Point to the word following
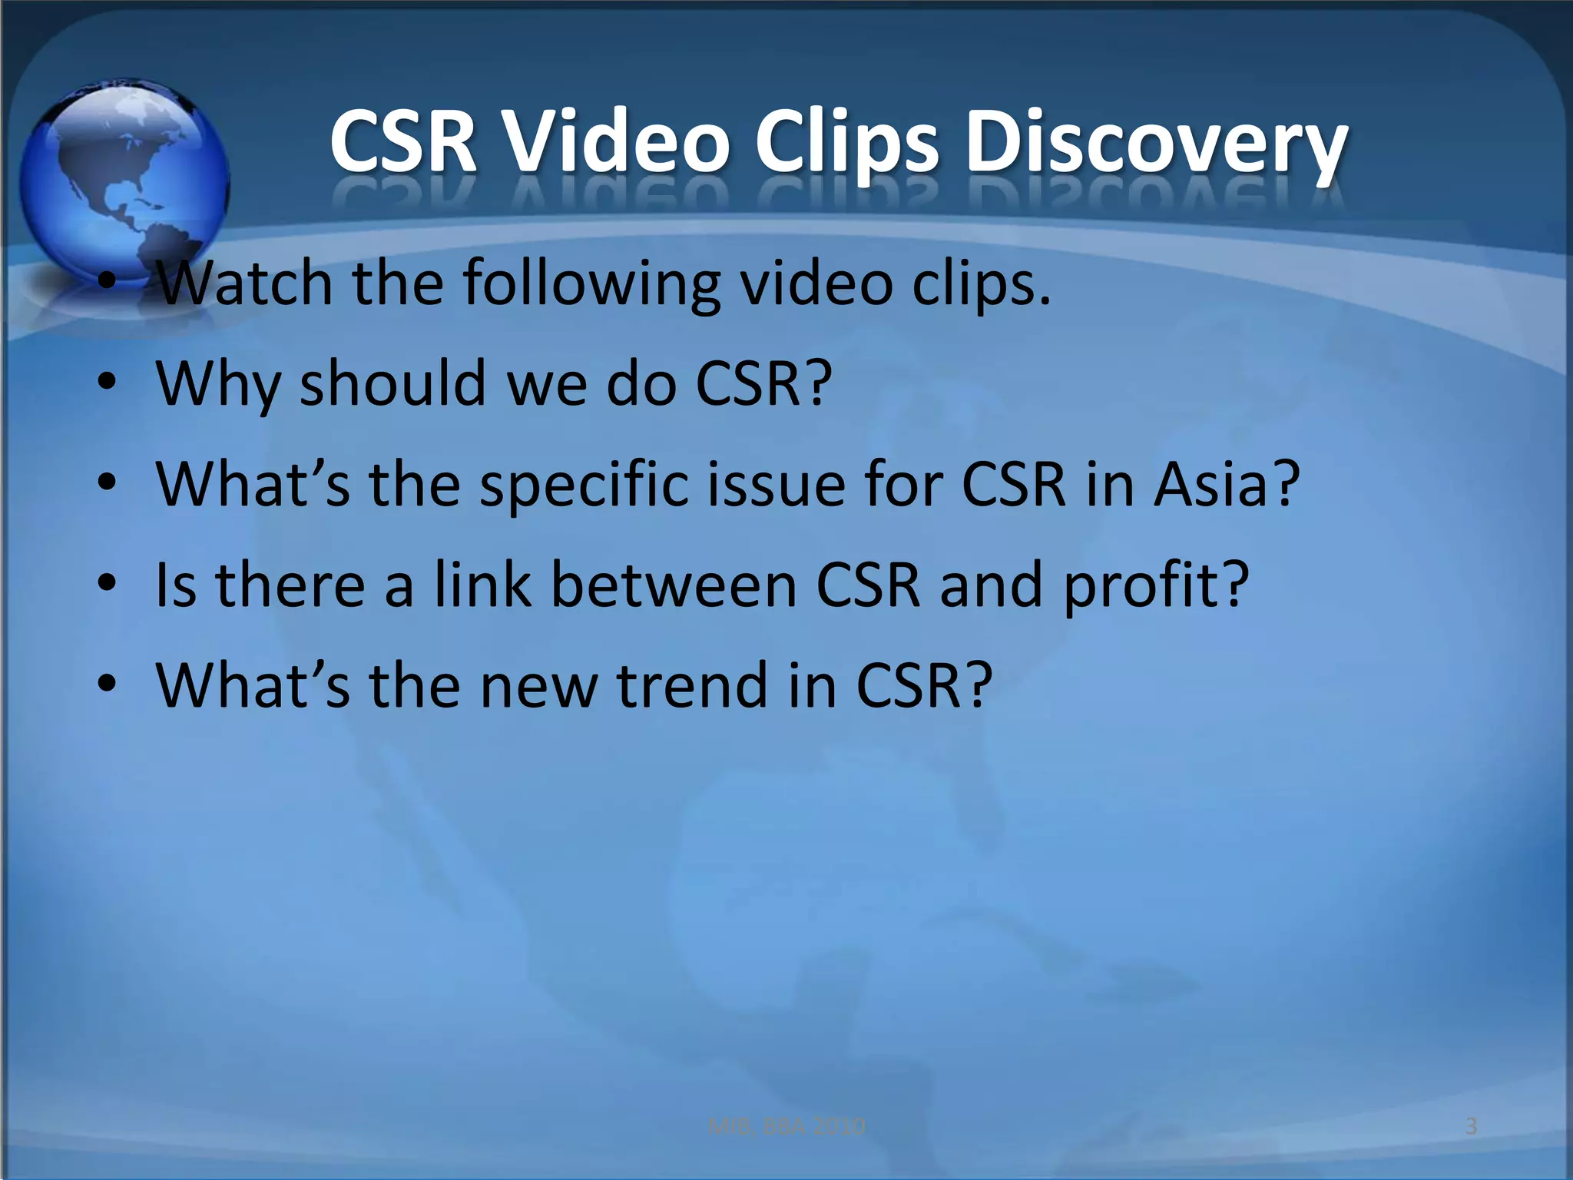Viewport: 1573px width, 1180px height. (x=591, y=284)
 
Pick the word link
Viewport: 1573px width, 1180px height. (x=482, y=585)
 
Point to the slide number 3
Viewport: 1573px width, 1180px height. (x=1471, y=1126)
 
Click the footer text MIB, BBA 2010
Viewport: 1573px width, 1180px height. (x=786, y=1126)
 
